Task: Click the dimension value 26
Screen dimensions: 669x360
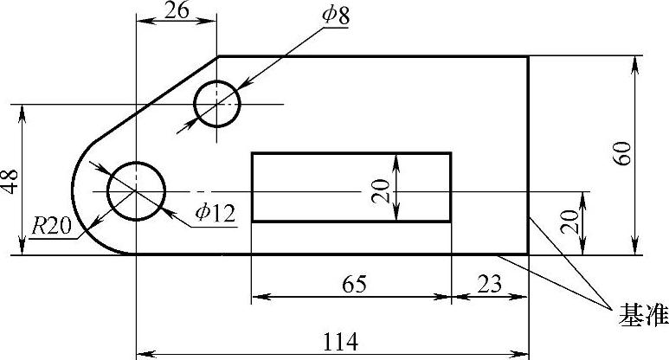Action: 177,10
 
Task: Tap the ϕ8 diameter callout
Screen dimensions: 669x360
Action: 336,15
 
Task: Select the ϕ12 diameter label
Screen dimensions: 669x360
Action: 215,212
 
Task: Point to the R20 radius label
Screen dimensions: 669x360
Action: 52,226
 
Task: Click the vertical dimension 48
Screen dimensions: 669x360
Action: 10,181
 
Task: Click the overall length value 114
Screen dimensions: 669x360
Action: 340,342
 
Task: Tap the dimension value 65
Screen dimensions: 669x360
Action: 354,284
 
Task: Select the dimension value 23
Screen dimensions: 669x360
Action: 489,284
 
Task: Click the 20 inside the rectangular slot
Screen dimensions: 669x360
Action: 381,190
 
